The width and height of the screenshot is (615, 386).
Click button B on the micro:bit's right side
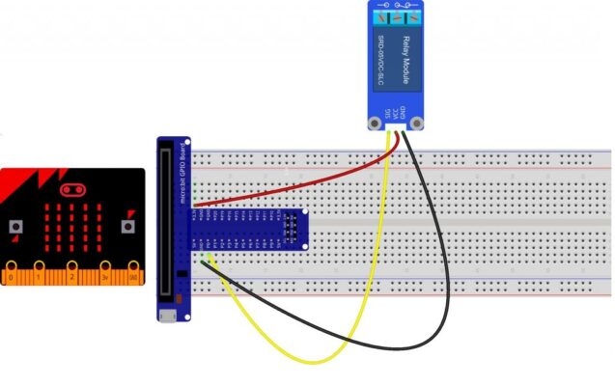(127, 227)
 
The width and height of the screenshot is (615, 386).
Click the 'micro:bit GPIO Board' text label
(183, 169)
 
